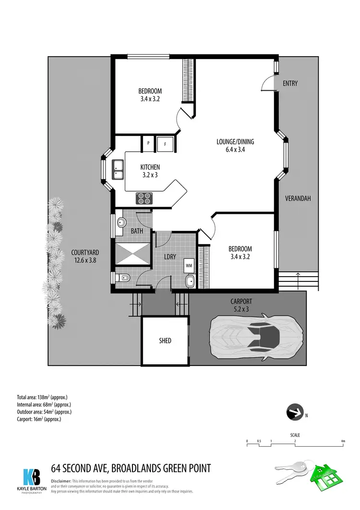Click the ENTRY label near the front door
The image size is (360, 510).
[290, 83]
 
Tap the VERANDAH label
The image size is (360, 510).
[298, 198]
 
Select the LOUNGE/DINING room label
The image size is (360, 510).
[235, 146]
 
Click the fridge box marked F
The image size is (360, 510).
[165, 143]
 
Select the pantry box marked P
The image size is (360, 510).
[148, 143]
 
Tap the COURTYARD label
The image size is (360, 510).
[85, 256]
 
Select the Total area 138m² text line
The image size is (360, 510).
[42, 397]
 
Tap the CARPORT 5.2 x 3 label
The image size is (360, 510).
[240, 305]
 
